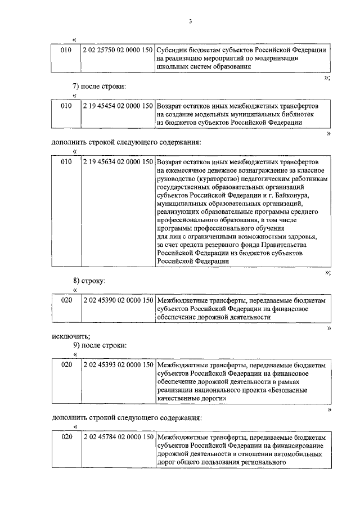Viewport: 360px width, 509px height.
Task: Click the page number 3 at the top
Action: (x=190, y=21)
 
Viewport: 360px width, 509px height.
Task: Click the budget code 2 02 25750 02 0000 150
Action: (x=118, y=49)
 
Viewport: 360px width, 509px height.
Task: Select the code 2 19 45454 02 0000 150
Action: (x=118, y=105)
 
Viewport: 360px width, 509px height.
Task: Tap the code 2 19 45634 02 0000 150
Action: (x=118, y=162)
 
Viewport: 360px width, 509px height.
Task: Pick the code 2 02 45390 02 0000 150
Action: (x=118, y=301)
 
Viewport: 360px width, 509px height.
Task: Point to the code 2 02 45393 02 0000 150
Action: (x=118, y=366)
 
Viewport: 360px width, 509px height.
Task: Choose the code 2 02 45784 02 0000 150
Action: (x=118, y=437)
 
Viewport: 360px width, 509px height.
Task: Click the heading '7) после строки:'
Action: (x=99, y=86)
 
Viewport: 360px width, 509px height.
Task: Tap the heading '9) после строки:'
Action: (x=99, y=345)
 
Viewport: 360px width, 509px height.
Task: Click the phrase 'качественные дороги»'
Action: (x=192, y=398)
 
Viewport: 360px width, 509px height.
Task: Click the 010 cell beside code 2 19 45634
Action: (x=66, y=162)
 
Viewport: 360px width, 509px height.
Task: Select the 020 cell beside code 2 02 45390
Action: (x=66, y=301)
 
